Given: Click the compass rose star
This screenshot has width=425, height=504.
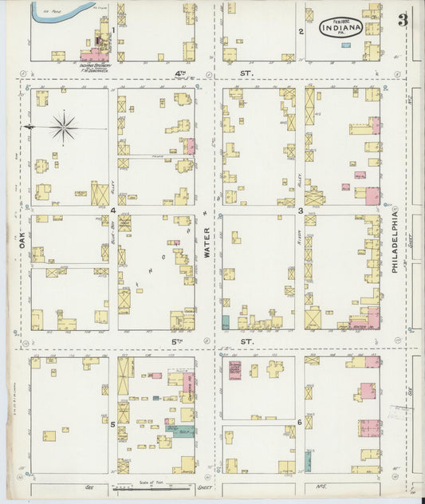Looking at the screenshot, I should coord(64,127).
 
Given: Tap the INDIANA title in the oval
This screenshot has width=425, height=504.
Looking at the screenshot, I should coord(341,29).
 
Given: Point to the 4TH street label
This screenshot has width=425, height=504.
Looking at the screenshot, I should coord(180,74).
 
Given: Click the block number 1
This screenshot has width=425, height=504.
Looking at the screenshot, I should coord(114,30).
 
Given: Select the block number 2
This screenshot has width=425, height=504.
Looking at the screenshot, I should coord(300,32).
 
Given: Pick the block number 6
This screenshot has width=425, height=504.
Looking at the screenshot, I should coord(299,422).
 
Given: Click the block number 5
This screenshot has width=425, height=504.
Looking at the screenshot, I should coord(112,424).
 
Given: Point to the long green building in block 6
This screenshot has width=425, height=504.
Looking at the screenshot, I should coord(308,461).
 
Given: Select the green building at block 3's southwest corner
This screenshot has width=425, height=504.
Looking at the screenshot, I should coord(226,322).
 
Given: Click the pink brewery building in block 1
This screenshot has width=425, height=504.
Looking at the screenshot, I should coord(94,56).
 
